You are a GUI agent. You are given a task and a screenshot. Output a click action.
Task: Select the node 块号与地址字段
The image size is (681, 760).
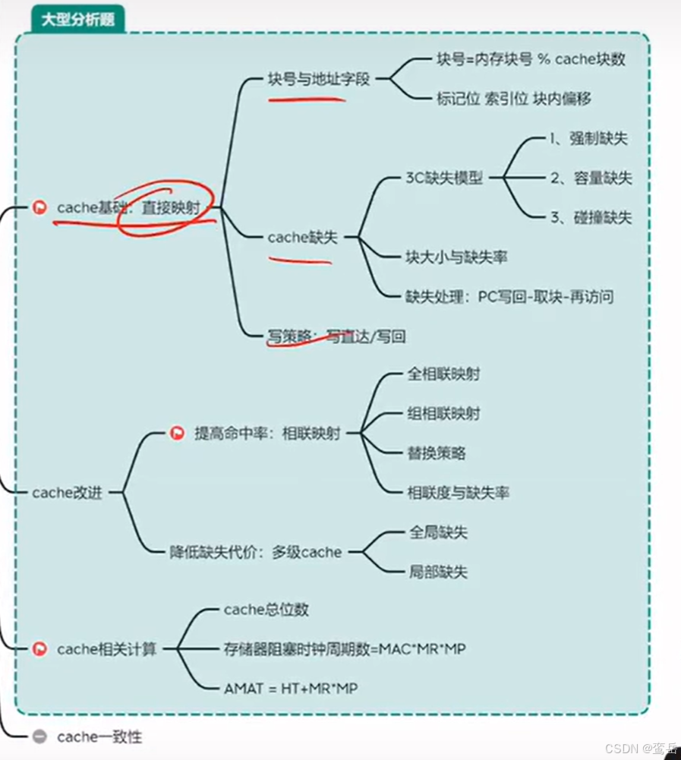319,78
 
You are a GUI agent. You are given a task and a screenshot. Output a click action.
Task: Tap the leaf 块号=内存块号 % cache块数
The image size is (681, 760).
531,58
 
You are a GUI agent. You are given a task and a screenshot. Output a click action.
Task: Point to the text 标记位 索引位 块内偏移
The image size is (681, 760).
514,98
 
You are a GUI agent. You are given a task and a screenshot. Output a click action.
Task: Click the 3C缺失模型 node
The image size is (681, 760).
444,178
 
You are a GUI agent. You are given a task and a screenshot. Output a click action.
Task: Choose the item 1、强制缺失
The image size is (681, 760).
588,138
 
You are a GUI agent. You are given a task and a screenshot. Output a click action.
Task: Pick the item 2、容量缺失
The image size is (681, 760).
590,178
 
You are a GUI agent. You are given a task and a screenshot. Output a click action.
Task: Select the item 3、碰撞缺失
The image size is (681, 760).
590,217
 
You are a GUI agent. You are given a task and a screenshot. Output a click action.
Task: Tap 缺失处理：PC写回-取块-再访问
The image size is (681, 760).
509,297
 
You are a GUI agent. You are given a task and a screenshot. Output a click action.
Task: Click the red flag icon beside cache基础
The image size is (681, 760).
39,207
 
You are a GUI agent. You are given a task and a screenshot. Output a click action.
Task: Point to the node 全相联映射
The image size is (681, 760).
443,374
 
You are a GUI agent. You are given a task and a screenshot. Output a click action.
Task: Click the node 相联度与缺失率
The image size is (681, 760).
458,493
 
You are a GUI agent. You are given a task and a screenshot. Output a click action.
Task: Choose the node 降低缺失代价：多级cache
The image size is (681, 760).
256,552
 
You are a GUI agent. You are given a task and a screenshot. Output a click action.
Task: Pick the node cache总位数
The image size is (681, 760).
266,610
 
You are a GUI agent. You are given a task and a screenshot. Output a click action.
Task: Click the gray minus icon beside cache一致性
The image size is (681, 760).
40,736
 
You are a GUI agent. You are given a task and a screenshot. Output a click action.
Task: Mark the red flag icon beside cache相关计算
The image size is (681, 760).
40,649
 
